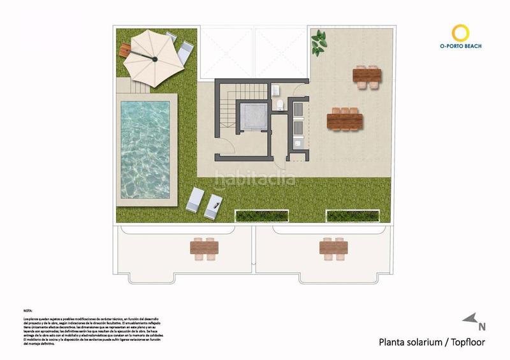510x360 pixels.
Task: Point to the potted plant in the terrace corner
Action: tap(318, 43)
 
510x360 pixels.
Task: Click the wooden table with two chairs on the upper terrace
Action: tap(367, 76)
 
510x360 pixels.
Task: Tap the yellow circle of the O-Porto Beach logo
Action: tap(461, 32)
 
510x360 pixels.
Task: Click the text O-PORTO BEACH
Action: tap(461, 47)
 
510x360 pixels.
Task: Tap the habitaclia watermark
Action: tap(254, 178)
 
